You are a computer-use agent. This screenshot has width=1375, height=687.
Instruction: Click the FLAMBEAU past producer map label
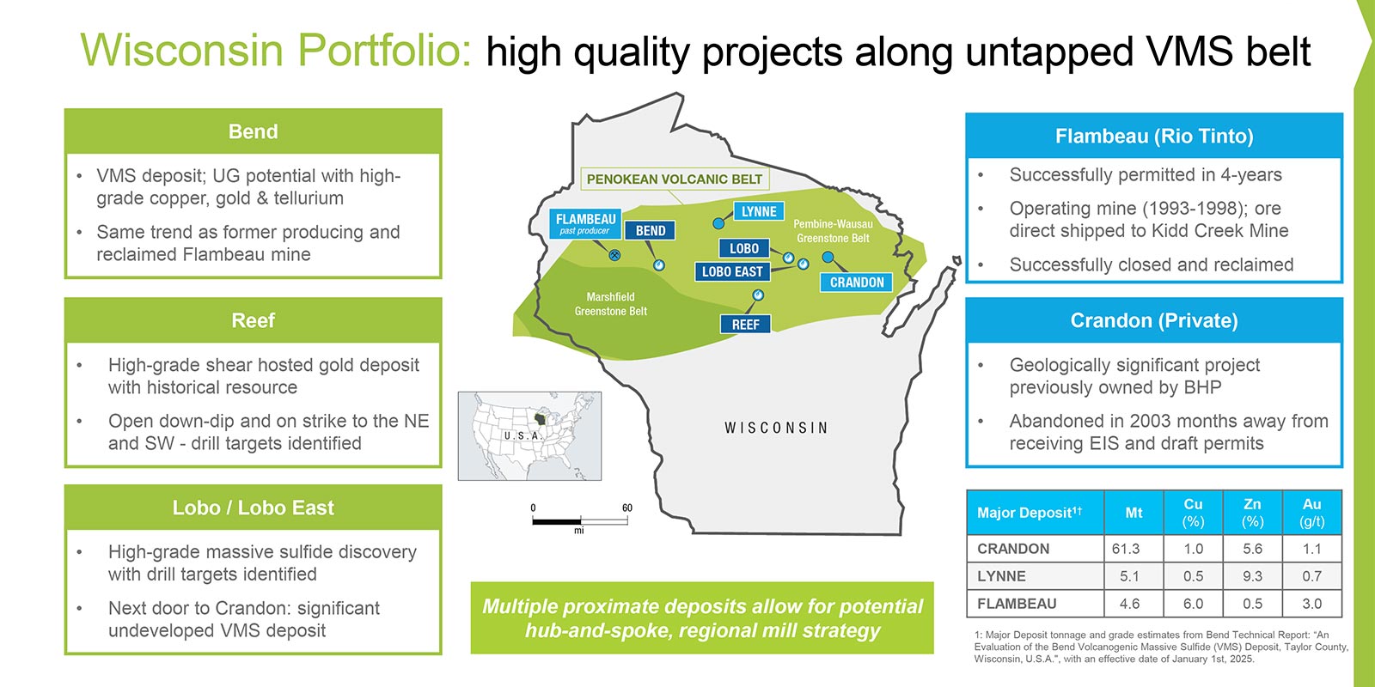pyautogui.click(x=585, y=224)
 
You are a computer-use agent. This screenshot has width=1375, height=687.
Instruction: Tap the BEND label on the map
pyautogui.click(x=650, y=231)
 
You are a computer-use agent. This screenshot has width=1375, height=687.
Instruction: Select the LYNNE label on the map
pyautogui.click(x=759, y=211)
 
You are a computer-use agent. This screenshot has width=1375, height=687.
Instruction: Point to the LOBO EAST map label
pyautogui.click(x=732, y=271)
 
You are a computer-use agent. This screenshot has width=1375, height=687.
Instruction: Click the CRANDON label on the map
pyautogui.click(x=856, y=283)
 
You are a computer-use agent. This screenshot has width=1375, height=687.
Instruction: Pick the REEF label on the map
pyautogui.click(x=745, y=325)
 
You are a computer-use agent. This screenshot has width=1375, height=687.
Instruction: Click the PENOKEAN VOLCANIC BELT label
pyautogui.click(x=675, y=179)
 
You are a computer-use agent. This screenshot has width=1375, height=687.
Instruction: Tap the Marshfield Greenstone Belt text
pyautogui.click(x=611, y=304)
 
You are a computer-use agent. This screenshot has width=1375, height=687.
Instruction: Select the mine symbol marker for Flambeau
pyautogui.click(x=614, y=255)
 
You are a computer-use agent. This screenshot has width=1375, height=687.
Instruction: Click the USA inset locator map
pyautogui.click(x=529, y=436)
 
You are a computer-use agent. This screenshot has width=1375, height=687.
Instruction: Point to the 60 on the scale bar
pyautogui.click(x=626, y=508)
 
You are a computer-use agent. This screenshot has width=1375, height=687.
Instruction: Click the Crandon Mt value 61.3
pyautogui.click(x=1126, y=549)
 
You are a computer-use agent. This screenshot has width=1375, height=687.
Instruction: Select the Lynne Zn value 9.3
pyautogui.click(x=1252, y=576)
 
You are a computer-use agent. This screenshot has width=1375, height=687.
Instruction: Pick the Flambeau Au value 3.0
pyautogui.click(x=1311, y=604)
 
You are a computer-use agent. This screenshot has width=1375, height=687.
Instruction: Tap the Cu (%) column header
pyautogui.click(x=1194, y=512)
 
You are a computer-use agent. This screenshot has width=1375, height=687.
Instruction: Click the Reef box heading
pyautogui.click(x=253, y=320)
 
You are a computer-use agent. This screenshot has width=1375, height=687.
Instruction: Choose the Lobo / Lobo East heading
pyautogui.click(x=253, y=508)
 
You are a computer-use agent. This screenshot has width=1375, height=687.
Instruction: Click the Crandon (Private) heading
pyautogui.click(x=1154, y=320)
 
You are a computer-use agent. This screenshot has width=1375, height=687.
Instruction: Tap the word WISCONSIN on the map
pyautogui.click(x=776, y=428)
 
